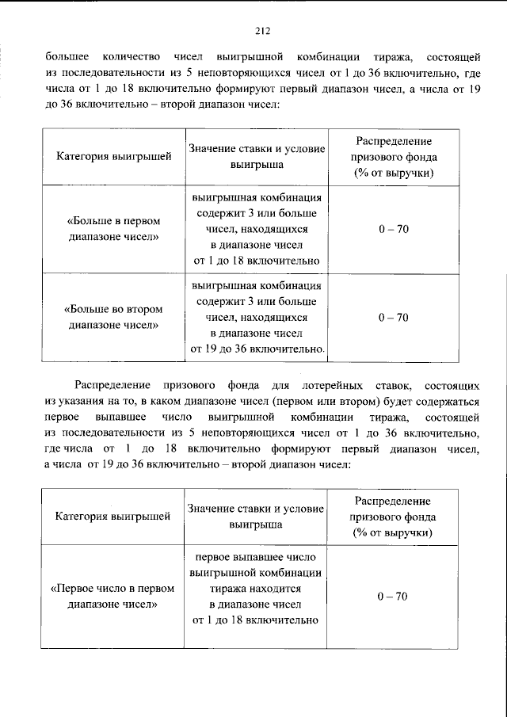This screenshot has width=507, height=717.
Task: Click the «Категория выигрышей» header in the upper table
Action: tap(113, 157)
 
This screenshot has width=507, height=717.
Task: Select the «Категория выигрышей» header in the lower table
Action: tap(113, 517)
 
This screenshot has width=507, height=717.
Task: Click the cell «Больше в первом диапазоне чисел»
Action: tap(113, 229)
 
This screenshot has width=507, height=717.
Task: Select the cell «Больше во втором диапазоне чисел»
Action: tap(113, 317)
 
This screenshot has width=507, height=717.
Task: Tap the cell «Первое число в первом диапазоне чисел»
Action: tap(113, 597)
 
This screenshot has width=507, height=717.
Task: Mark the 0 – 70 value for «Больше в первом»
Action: tap(393, 229)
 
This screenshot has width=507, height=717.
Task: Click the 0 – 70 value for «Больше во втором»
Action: tap(393, 317)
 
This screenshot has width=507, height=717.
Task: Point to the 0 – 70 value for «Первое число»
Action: tap(393, 596)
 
